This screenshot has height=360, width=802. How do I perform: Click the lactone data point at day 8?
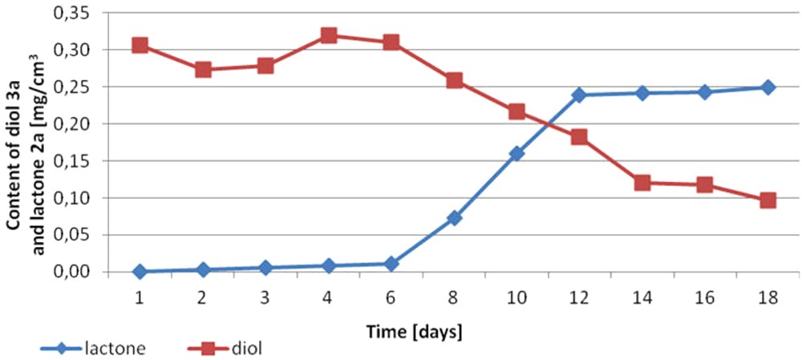(x=454, y=217)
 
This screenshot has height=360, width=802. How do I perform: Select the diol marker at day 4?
(x=329, y=35)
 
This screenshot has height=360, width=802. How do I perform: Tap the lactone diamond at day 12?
(x=579, y=95)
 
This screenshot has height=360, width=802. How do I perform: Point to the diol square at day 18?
(x=768, y=200)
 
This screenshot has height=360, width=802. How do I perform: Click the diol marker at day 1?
(x=140, y=45)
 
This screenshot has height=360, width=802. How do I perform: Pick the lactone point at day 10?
(x=516, y=153)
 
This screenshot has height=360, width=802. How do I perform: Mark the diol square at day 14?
(x=642, y=183)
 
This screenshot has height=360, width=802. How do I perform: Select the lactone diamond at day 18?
(x=768, y=87)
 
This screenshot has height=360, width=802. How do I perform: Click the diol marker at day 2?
(x=203, y=70)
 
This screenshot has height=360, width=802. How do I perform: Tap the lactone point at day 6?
(x=391, y=263)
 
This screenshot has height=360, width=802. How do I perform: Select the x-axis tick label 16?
(x=705, y=296)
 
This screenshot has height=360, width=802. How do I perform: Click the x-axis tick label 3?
(x=265, y=296)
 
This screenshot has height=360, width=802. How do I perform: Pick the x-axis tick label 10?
(x=516, y=296)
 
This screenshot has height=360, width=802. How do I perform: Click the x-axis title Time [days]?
(x=414, y=329)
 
